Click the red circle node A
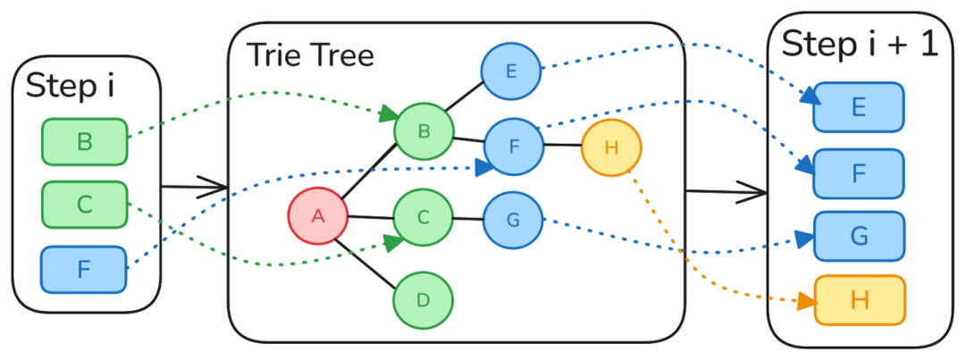tap(317, 216)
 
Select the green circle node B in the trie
tap(424, 131)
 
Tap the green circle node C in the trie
tap(424, 217)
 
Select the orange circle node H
tap(611, 147)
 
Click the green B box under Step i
tap(84, 142)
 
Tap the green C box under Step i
tap(84, 205)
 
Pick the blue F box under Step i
tap(84, 269)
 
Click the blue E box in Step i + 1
tap(859, 107)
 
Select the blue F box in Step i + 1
tap(859, 173)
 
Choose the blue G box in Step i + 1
tap(859, 236)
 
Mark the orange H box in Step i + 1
tap(859, 300)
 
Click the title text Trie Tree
tap(310, 54)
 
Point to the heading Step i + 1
tap(860, 43)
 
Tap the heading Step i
tap(71, 88)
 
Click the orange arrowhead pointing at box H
tap(805, 302)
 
